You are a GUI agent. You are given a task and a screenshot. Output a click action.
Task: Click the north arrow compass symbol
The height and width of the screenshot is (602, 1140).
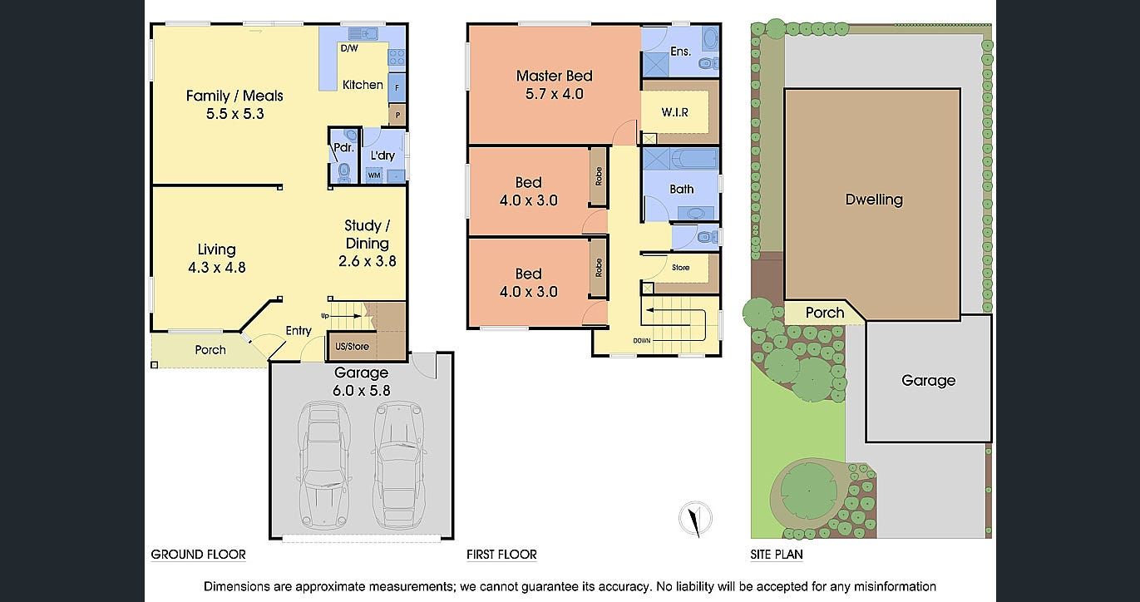click(695, 519)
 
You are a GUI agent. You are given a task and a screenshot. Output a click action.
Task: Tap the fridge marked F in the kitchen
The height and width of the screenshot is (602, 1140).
click(397, 87)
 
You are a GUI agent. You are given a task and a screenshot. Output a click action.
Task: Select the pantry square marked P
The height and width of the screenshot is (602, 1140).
click(397, 115)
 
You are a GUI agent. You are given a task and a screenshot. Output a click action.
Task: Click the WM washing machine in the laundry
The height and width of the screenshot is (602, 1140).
click(374, 175)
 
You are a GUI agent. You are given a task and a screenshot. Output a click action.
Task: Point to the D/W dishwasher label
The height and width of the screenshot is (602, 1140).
click(349, 48)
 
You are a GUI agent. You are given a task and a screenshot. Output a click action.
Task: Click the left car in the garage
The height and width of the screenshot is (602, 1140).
click(323, 465)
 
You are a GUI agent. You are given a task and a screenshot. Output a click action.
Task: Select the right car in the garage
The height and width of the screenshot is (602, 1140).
click(400, 465)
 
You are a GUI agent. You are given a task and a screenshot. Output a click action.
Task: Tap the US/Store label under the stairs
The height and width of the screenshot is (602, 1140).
click(352, 347)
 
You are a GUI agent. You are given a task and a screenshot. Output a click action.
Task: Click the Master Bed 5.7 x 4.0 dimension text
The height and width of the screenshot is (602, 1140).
click(555, 94)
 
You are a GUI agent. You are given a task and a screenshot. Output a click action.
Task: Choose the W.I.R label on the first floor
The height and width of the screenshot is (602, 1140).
click(675, 112)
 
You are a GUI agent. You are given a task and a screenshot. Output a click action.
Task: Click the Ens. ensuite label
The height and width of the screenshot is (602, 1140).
click(680, 52)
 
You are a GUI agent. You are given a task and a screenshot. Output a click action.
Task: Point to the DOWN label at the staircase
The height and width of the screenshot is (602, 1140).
click(642, 340)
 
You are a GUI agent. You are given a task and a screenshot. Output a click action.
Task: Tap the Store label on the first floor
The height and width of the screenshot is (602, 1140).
click(680, 268)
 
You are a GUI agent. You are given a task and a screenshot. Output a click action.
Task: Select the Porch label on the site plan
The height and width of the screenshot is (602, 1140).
click(825, 313)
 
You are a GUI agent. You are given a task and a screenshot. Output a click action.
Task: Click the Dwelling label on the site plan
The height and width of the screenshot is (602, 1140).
click(874, 200)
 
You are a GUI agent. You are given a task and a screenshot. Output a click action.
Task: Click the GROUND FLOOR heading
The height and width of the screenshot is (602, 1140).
click(198, 555)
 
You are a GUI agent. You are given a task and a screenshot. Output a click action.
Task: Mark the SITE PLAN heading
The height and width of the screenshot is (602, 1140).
click(776, 555)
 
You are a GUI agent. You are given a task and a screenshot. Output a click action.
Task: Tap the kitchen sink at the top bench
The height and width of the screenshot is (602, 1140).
click(363, 33)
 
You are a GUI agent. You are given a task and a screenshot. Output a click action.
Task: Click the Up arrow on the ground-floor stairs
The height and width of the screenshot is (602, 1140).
click(345, 316)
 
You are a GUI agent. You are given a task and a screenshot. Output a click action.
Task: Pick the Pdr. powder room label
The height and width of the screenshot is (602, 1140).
click(343, 148)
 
